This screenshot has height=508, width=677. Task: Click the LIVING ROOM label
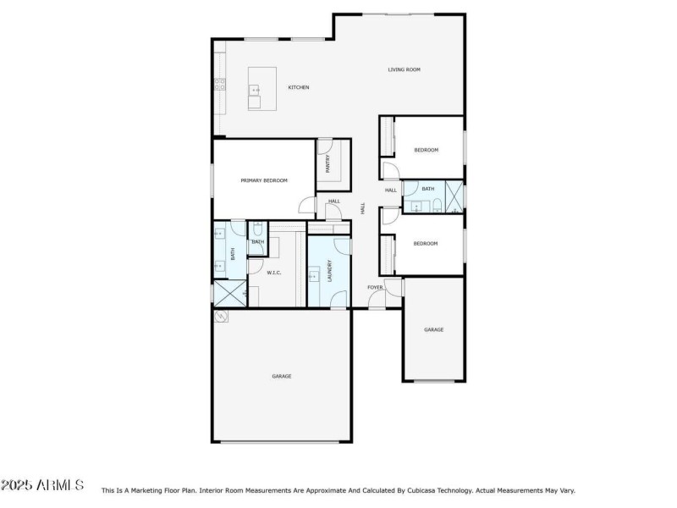point(404,69)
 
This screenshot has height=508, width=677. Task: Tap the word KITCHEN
point(299,87)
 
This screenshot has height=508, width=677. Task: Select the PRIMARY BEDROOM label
point(264,180)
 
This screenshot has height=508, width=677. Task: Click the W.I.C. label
point(274,273)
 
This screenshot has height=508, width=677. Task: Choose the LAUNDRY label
point(328,270)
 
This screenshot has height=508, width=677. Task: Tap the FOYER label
point(375,288)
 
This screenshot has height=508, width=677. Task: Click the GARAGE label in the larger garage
point(282,376)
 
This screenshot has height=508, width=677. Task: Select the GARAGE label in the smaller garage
point(433,329)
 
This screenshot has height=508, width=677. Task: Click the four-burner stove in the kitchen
point(219,84)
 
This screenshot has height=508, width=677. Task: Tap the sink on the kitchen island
point(255,89)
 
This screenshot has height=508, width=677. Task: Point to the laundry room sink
point(313,274)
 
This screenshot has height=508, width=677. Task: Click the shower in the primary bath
point(226,293)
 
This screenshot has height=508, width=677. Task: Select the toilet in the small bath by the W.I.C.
point(256,229)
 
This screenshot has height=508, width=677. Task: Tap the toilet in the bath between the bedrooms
point(433,206)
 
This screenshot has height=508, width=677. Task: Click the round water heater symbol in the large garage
point(222,316)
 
